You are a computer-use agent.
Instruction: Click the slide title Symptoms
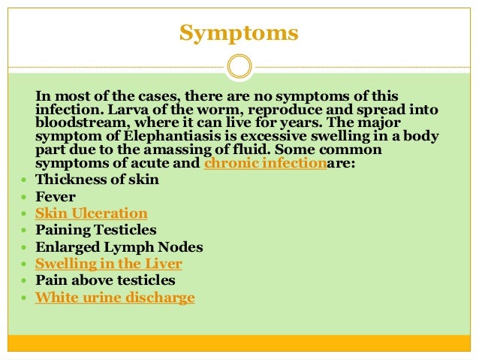[239, 34]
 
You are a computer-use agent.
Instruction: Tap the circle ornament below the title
[239, 66]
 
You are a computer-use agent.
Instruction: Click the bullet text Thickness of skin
[97, 180]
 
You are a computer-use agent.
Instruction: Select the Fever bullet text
[55, 196]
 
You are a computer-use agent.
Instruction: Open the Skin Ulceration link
[92, 213]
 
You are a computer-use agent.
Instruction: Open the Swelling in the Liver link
[109, 264]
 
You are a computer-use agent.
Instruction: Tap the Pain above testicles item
[105, 280]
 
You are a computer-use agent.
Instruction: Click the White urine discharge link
[115, 298]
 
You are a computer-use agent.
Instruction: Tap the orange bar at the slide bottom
[239, 343]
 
